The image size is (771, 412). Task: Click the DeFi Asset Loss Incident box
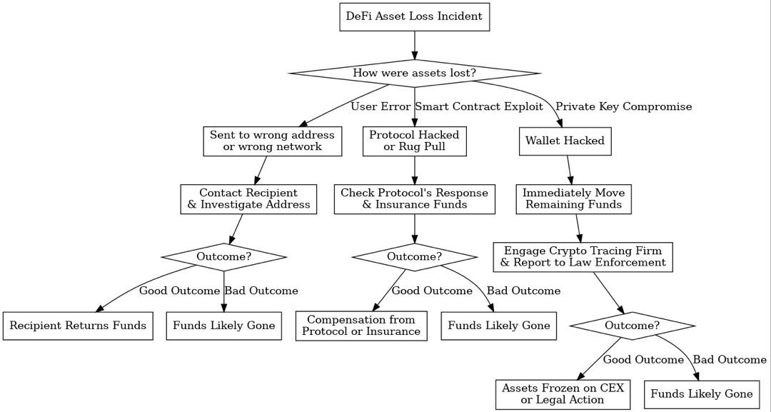(x=414, y=16)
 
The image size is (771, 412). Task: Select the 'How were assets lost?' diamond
(x=414, y=73)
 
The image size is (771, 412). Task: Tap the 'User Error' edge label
(x=381, y=106)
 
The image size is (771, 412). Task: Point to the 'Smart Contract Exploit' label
(x=479, y=106)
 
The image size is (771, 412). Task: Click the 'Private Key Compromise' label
(x=623, y=106)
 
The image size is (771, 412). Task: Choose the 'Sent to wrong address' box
(x=272, y=141)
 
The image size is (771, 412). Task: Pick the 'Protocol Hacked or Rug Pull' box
(x=414, y=141)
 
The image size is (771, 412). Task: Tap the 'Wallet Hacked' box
(x=565, y=141)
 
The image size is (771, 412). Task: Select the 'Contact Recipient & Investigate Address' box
(x=248, y=199)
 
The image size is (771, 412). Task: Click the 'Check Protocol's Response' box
(x=414, y=199)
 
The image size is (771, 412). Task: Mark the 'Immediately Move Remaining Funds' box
(x=573, y=199)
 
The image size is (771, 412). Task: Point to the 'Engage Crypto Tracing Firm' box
(x=583, y=256)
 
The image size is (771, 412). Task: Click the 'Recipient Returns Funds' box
(x=78, y=326)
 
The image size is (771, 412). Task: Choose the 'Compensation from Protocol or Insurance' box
(x=361, y=326)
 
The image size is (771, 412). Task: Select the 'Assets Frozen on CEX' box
(x=563, y=394)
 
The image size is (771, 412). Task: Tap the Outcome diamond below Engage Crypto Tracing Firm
(x=632, y=326)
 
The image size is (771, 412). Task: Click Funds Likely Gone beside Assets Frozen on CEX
(x=701, y=394)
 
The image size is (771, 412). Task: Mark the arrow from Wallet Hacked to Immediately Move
(x=570, y=170)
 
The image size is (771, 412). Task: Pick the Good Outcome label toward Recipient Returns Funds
(x=179, y=291)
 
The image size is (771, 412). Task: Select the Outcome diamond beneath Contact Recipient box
(x=223, y=256)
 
